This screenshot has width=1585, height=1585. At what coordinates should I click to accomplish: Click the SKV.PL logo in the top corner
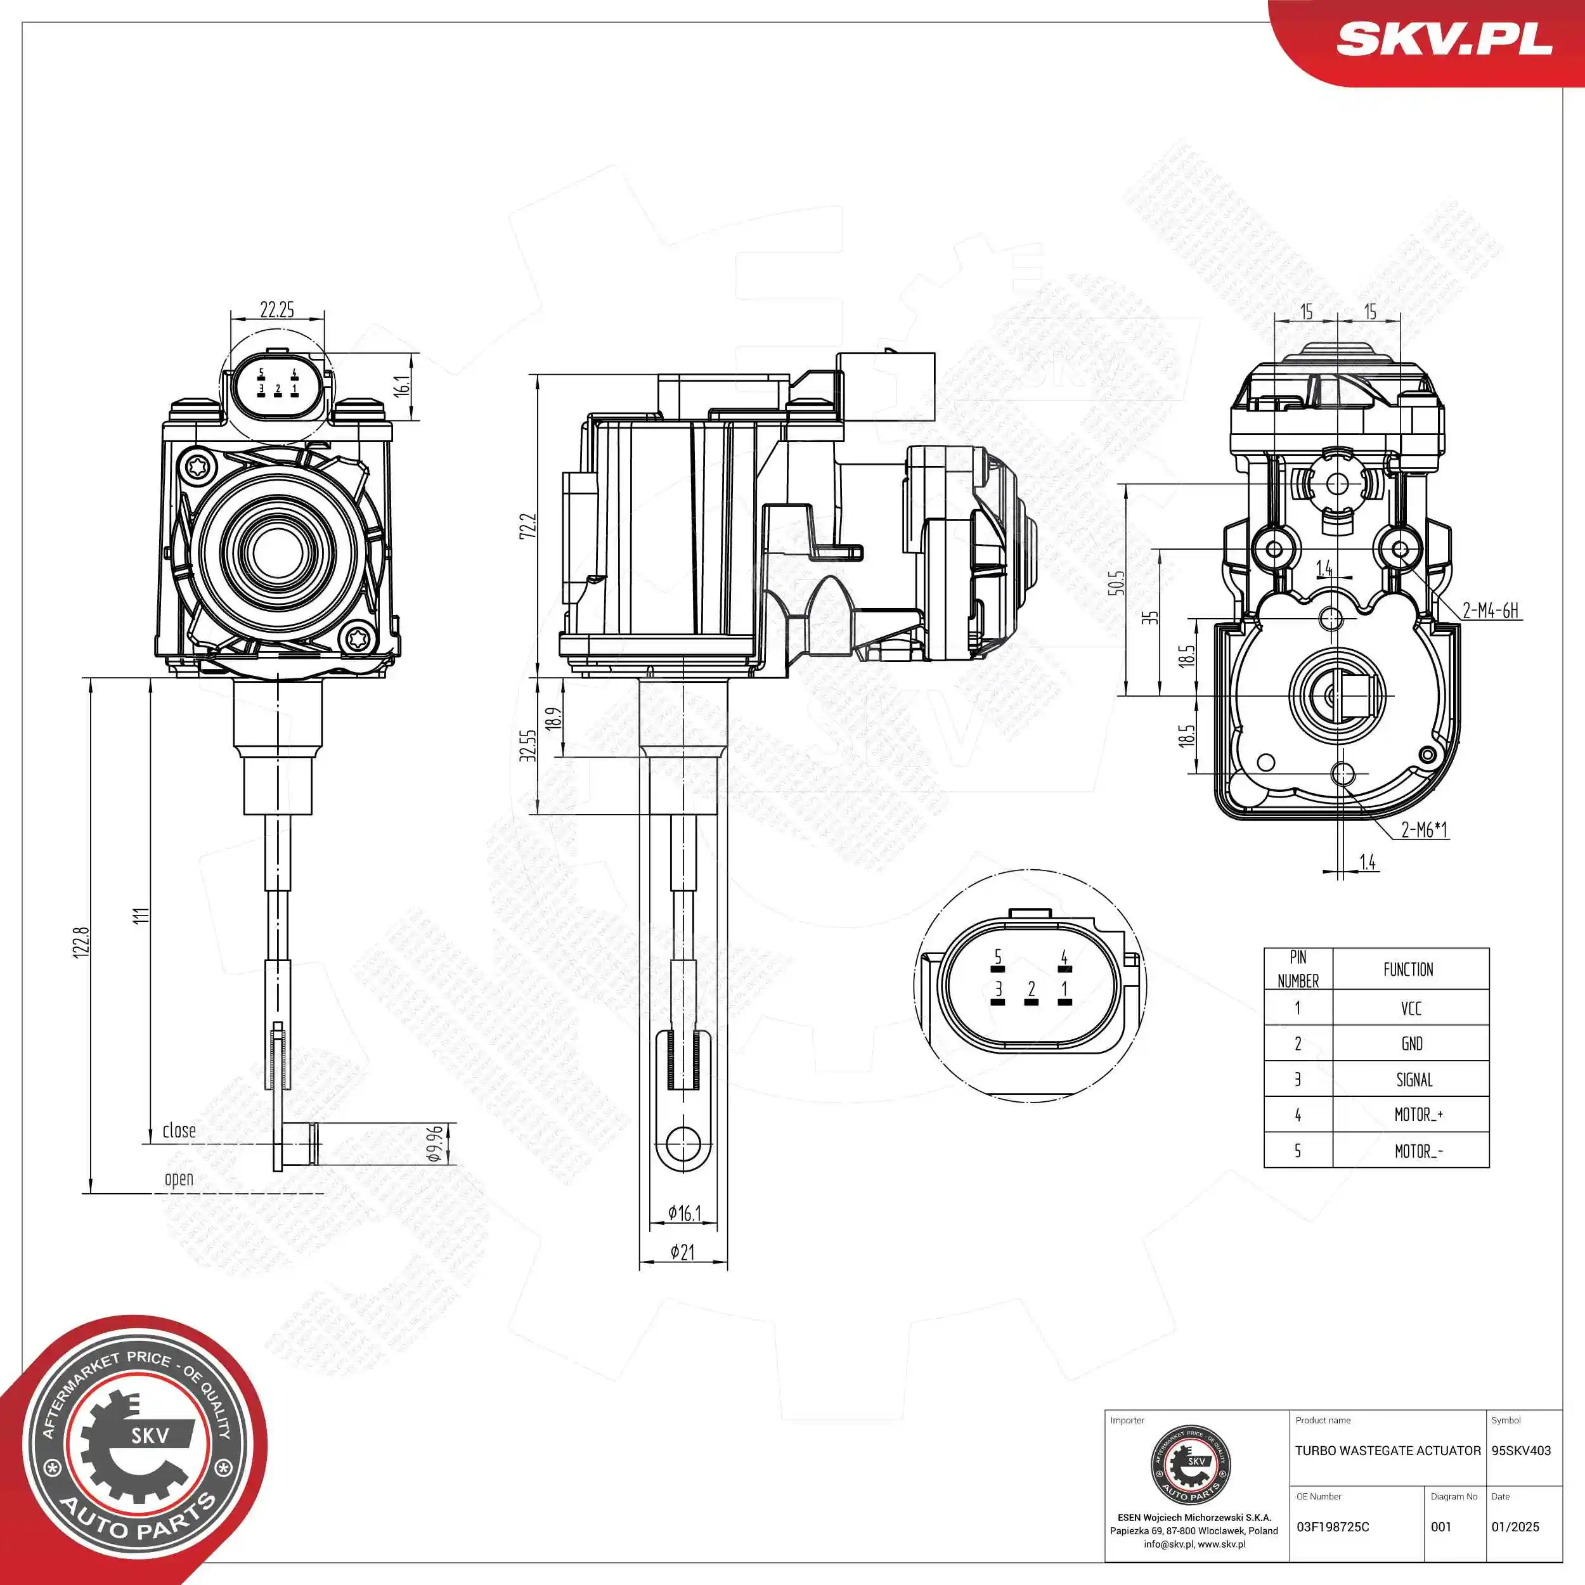(x=1444, y=39)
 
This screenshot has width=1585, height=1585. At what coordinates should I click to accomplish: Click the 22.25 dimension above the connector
(x=276, y=309)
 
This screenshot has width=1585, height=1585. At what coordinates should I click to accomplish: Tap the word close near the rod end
(x=179, y=1130)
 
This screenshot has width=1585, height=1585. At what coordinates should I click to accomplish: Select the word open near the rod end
(x=179, y=1179)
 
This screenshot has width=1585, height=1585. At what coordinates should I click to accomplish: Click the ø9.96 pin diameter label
(x=436, y=1143)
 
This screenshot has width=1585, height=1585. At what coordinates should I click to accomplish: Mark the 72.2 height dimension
(x=527, y=526)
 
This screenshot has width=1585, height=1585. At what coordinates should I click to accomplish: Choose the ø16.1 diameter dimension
(x=684, y=1213)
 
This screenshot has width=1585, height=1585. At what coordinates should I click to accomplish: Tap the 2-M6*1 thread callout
(x=1424, y=829)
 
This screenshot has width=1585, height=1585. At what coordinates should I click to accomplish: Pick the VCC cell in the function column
(x=1411, y=1008)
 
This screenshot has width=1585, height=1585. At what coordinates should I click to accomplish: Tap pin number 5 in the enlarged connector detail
(x=997, y=957)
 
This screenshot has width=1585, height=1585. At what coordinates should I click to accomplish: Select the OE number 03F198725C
(x=1332, y=1527)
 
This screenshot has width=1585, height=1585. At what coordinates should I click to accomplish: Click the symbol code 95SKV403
(x=1521, y=1451)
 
